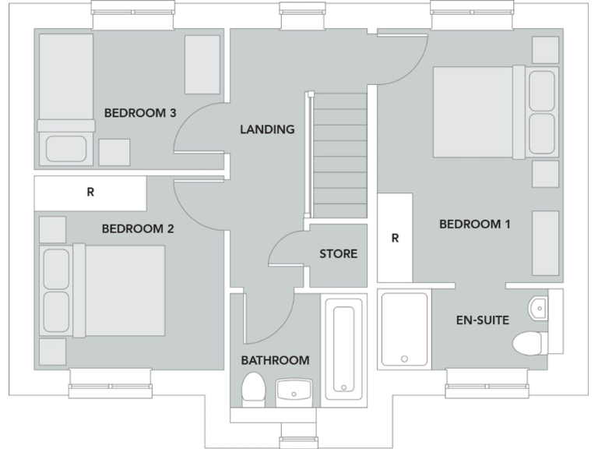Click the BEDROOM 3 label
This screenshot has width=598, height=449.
tap(140, 113)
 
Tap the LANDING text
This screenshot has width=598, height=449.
tap(267, 129)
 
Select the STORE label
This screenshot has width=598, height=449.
tap(338, 254)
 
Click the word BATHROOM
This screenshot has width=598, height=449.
tap(275, 360)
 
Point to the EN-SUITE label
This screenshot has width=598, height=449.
tap(482, 320)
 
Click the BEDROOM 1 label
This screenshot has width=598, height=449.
tap(474, 224)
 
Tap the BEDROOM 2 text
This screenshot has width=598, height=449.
tap(137, 229)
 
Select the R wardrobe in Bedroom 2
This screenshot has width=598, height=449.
tap(90, 193)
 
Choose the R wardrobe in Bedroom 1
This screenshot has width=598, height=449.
tap(395, 238)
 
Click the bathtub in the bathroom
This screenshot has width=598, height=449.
tap(343, 348)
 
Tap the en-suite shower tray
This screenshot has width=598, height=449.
tap(404, 329)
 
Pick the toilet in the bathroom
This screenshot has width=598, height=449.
tap(253, 388)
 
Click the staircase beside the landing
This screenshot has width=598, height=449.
tap(339, 156)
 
